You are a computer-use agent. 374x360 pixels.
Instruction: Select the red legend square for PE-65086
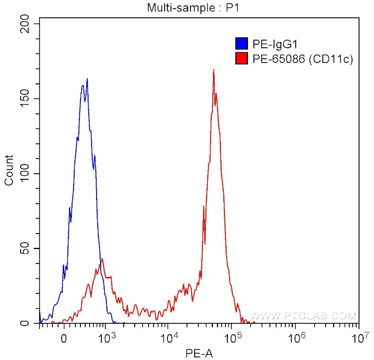click(x=241, y=58)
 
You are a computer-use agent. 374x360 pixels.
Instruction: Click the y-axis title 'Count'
click(x=9, y=171)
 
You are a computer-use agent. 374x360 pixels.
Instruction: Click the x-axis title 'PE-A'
click(x=199, y=352)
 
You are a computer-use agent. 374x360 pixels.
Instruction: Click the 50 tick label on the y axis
click(x=26, y=248)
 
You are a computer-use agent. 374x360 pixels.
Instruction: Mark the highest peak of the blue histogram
click(x=87, y=79)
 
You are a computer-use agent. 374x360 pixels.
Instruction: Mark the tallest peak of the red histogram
click(x=213, y=70)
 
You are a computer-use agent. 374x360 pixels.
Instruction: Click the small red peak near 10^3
click(x=102, y=259)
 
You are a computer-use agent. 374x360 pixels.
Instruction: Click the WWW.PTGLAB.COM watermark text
click(x=304, y=316)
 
